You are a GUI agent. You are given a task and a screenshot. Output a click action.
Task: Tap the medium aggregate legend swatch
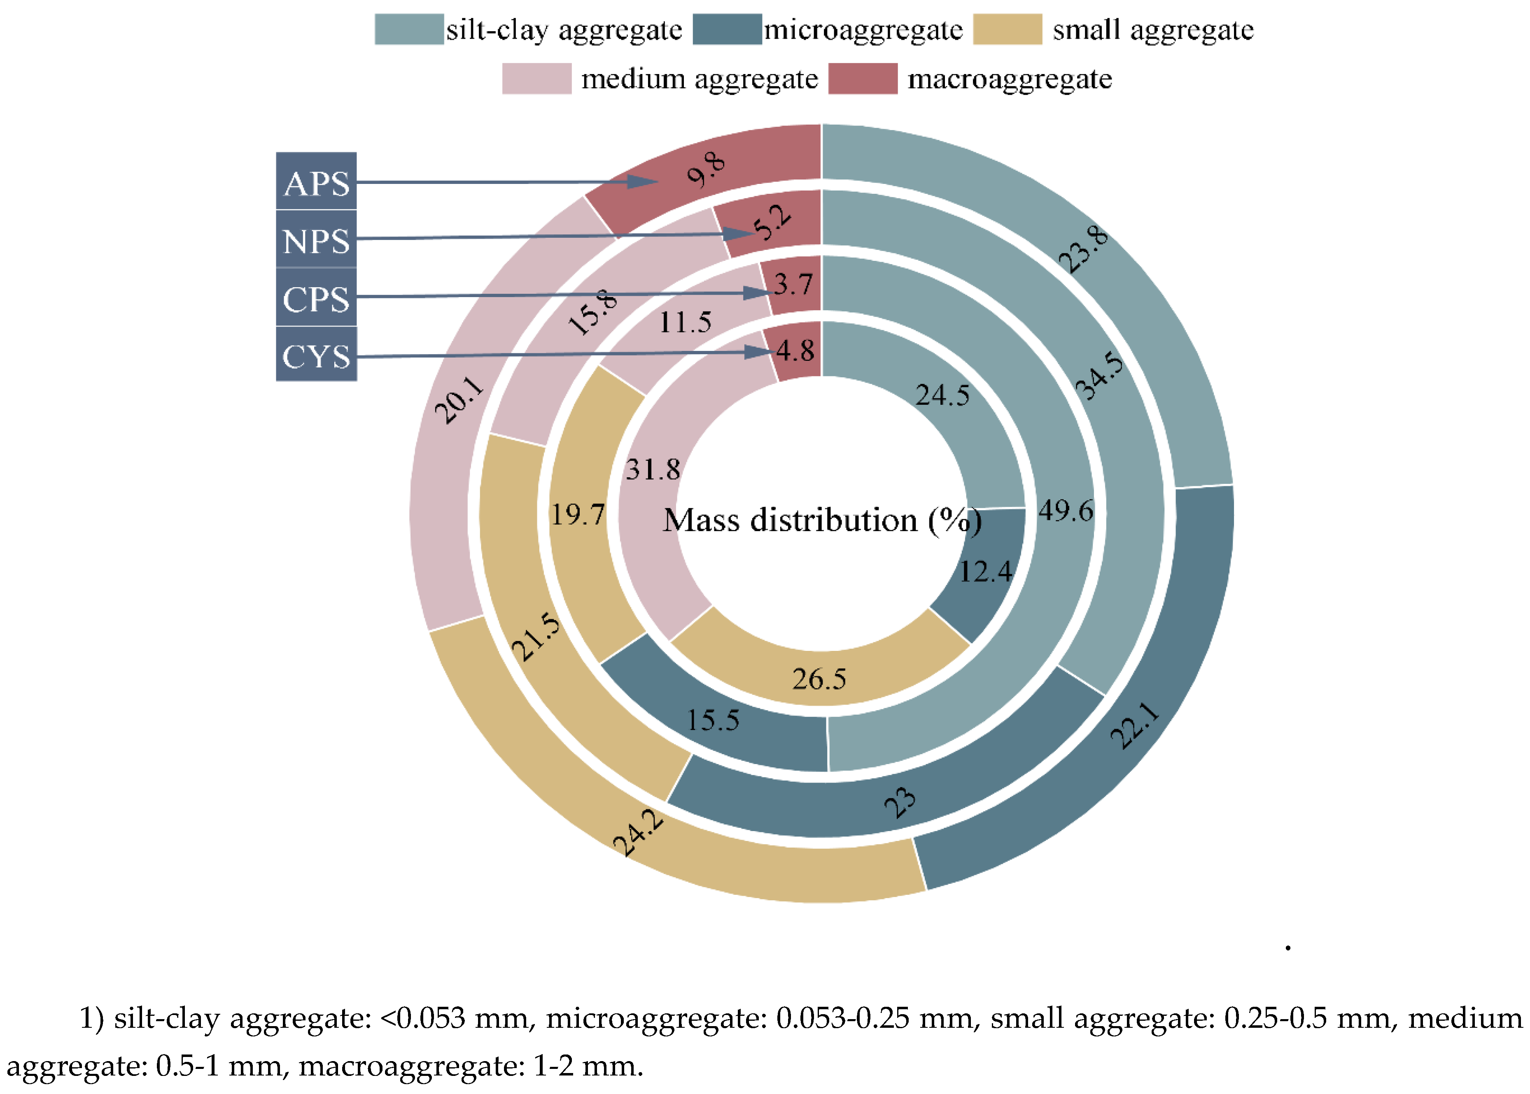[536, 79]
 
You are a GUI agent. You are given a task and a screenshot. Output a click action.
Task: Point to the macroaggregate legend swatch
[862, 79]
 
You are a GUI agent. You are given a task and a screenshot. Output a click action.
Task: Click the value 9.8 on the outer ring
[706, 170]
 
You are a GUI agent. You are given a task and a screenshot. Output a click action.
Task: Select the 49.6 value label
[1065, 511]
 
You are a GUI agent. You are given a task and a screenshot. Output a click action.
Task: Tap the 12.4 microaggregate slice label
[985, 571]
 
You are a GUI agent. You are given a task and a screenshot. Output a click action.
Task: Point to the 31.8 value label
[653, 469]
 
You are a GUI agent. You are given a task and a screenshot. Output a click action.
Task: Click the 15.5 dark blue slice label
[712, 720]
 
